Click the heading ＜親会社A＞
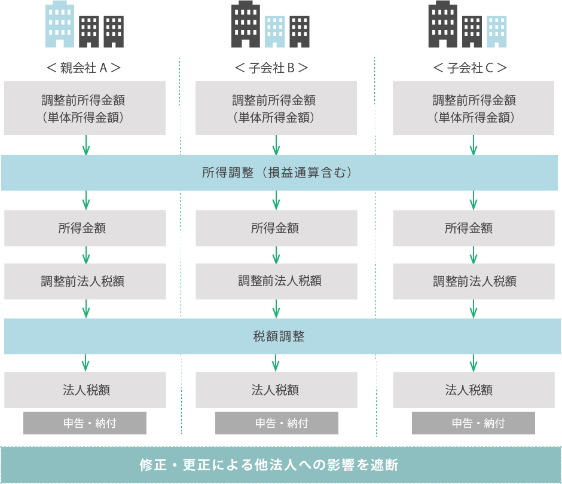coord(84,68)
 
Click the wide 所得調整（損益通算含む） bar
coord(279,173)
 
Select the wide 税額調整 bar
coord(279,336)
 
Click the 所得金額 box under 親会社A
coord(85,228)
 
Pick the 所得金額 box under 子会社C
coord(473,228)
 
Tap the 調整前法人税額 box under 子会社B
coord(276,281)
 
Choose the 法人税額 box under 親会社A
coord(85,390)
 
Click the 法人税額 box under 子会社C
coord(473,390)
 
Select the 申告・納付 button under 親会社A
coord(85,423)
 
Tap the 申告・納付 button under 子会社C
coord(473,423)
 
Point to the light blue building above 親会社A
coord(60,25)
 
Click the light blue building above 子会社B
coord(275,31)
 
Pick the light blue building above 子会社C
coord(497,31)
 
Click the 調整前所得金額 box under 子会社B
coord(276,108)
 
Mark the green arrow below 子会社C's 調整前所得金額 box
coord(473,145)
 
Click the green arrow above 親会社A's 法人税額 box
coord(85,363)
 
